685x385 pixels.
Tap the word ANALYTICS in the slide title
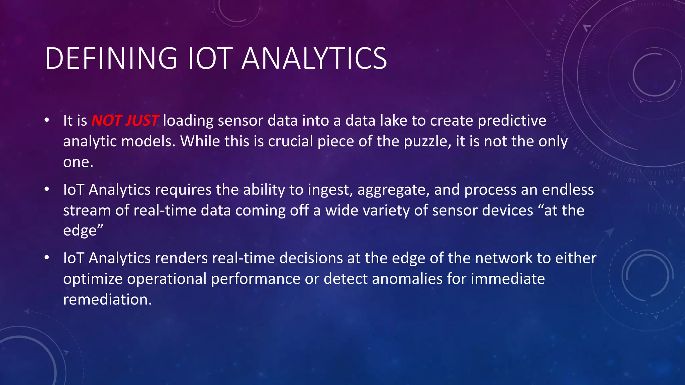click(314, 58)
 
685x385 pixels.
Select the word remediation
click(107, 299)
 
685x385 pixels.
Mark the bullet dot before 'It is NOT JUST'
click(47, 120)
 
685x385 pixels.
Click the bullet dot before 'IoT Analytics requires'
click(47, 189)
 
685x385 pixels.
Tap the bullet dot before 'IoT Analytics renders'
click(47, 258)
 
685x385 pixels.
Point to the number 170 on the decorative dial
click(547, 76)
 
